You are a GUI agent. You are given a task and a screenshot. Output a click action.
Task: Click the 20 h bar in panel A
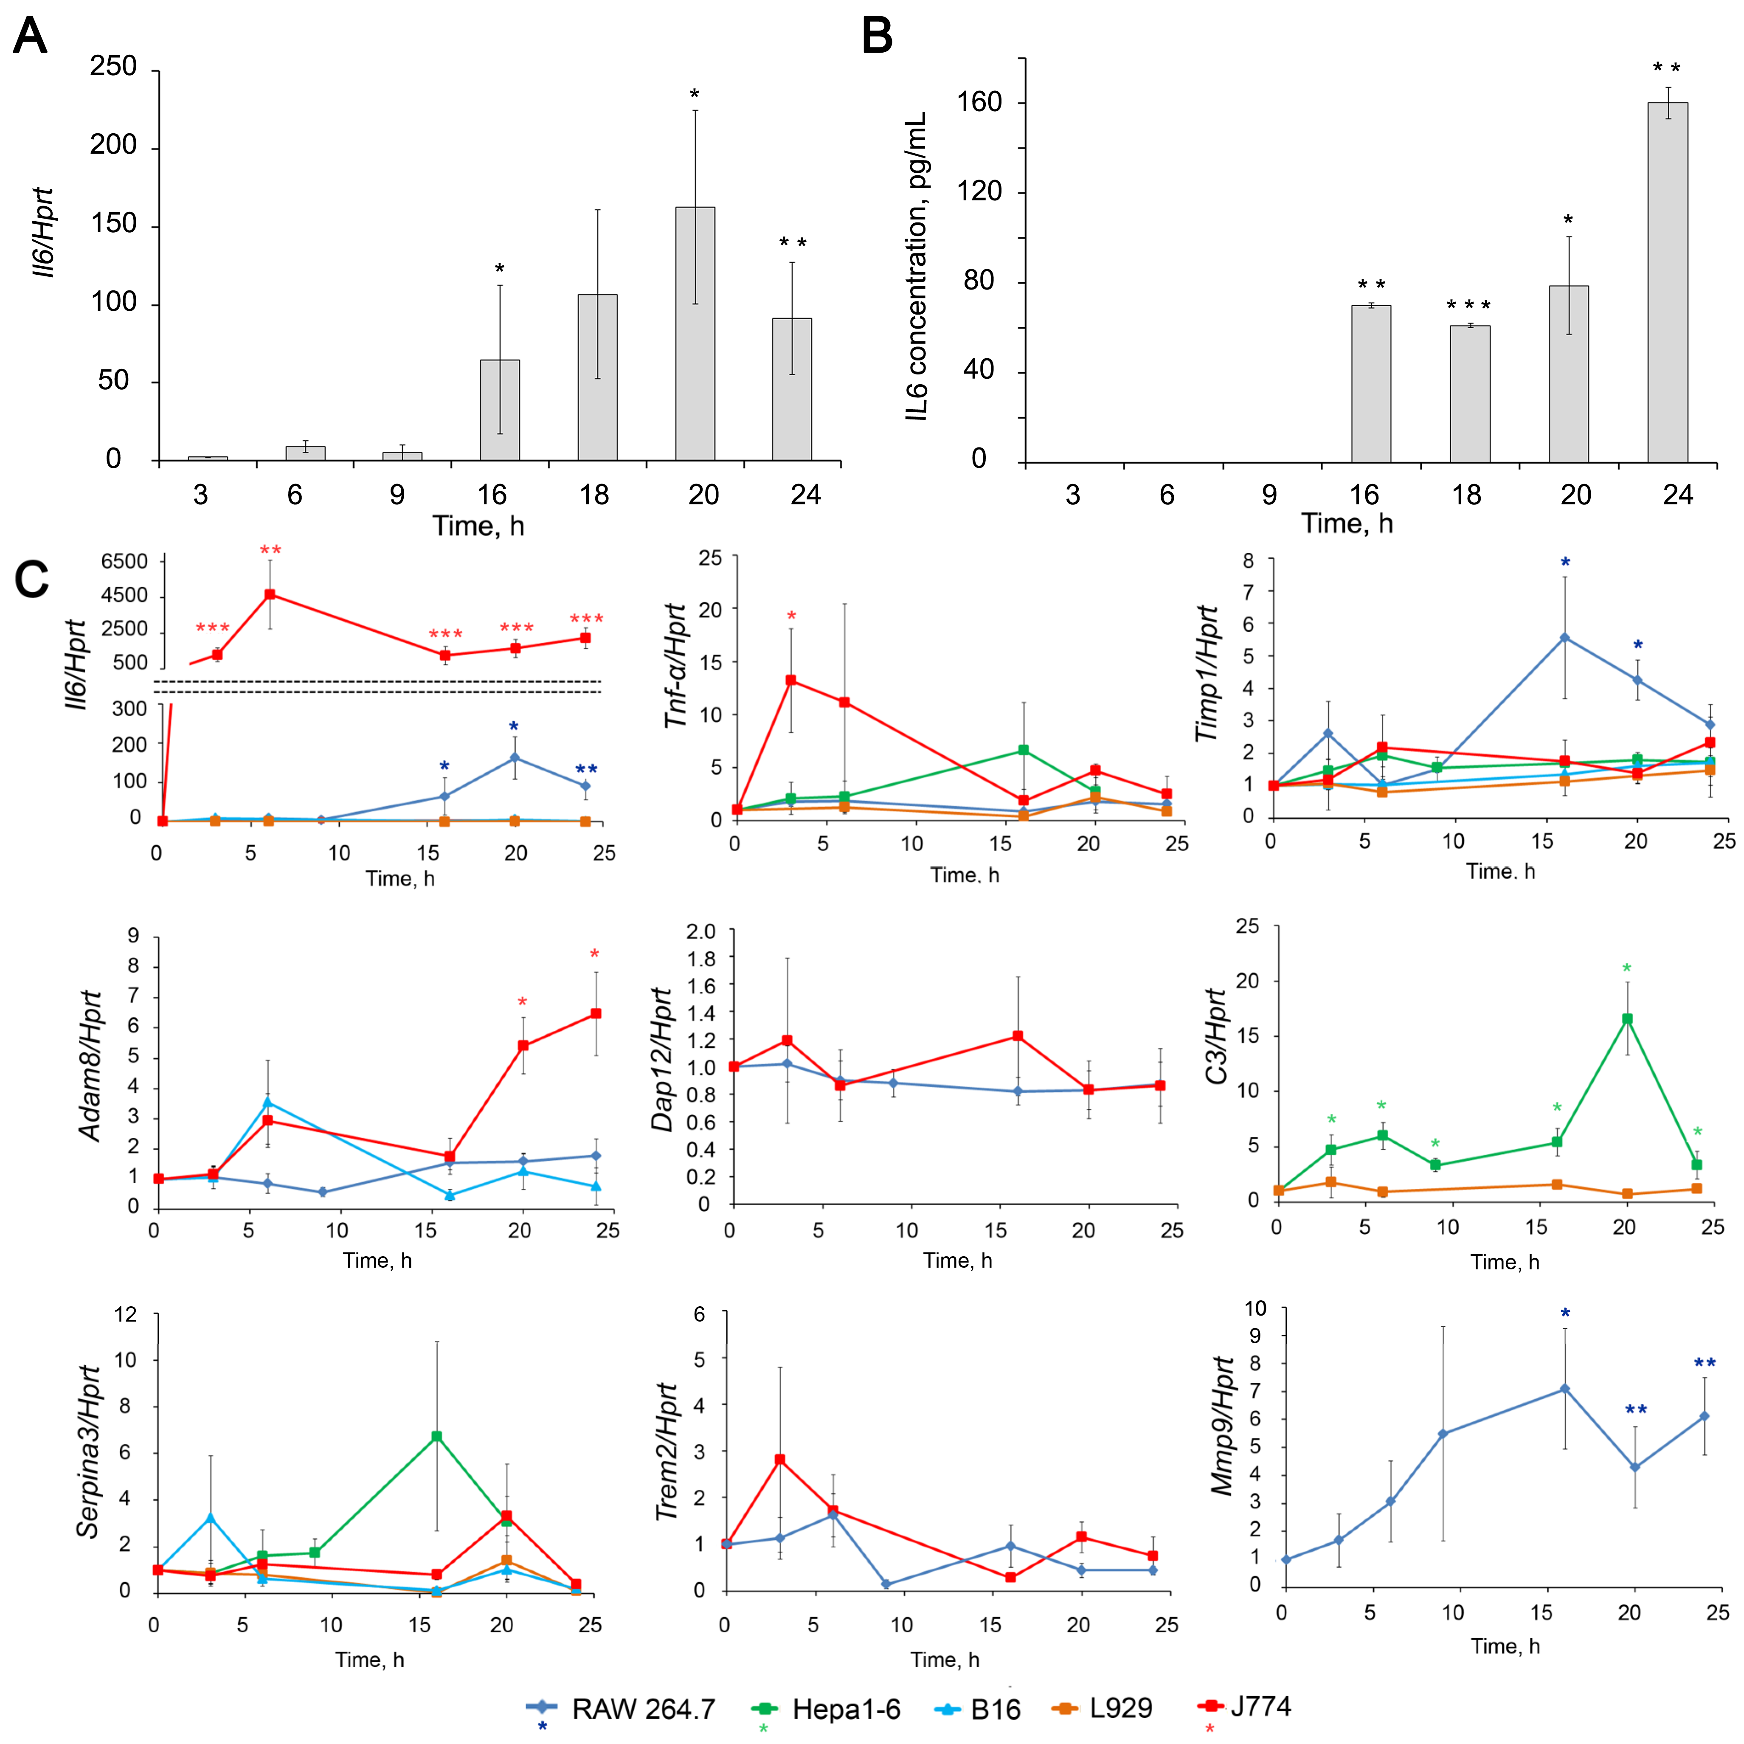click(x=695, y=334)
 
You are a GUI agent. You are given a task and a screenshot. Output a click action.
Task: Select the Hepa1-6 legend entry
click(x=826, y=1709)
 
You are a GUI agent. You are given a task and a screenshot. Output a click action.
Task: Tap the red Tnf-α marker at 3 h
click(x=791, y=680)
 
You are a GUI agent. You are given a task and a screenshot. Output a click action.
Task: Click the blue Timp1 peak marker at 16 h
click(x=1564, y=637)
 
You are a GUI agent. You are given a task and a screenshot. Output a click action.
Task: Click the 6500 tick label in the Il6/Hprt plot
click(x=124, y=562)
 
